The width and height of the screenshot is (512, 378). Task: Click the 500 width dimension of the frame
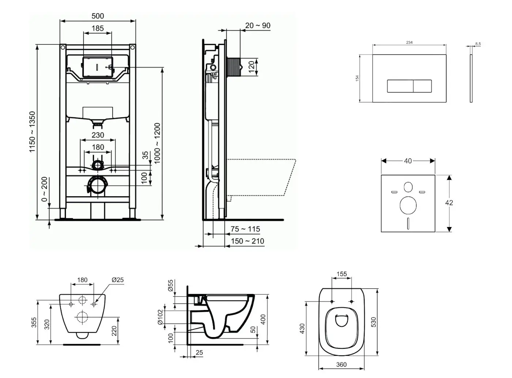[x=98, y=16]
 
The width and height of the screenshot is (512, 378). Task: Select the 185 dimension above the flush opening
[x=98, y=28]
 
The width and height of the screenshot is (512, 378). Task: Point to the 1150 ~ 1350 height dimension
[x=33, y=132]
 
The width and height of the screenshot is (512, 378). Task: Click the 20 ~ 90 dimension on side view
[x=258, y=25]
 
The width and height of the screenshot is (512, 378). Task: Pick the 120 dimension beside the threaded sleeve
[x=252, y=67]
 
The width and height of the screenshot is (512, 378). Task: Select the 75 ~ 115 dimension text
[x=245, y=229]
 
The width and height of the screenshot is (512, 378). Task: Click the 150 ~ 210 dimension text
[x=247, y=241]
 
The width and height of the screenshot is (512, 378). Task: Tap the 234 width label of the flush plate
[x=409, y=42]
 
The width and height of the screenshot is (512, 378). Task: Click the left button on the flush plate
[x=400, y=86]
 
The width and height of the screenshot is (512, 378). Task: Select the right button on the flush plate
[x=422, y=86]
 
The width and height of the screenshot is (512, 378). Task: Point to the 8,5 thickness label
[x=478, y=44]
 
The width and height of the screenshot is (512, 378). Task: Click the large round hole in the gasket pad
[x=408, y=205]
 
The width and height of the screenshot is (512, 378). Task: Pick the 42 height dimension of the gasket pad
[x=449, y=203]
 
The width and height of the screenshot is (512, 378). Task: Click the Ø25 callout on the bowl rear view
[x=117, y=280]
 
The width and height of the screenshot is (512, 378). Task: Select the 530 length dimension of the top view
[x=373, y=322]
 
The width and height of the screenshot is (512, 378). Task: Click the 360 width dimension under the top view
[x=341, y=364]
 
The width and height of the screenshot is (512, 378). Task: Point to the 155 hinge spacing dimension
[x=342, y=274]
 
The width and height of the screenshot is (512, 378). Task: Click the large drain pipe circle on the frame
[x=97, y=186]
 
